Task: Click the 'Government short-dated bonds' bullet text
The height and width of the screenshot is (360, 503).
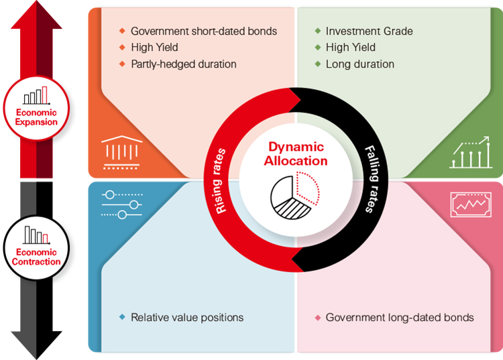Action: click(x=204, y=31)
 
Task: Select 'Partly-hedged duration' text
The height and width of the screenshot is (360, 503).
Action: click(x=184, y=64)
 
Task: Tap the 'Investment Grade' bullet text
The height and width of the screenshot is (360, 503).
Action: click(x=369, y=31)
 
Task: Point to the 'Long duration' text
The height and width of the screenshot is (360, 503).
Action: click(x=359, y=64)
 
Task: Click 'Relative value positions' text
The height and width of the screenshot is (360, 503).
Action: click(x=187, y=317)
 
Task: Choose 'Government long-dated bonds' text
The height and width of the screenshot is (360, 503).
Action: click(x=400, y=317)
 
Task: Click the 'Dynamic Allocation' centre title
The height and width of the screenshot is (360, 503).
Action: click(x=296, y=154)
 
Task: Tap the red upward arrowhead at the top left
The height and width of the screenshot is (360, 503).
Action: click(x=36, y=17)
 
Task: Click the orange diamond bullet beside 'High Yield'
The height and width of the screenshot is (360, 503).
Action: click(x=122, y=48)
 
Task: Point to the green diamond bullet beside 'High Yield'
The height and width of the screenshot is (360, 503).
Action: click(x=318, y=48)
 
